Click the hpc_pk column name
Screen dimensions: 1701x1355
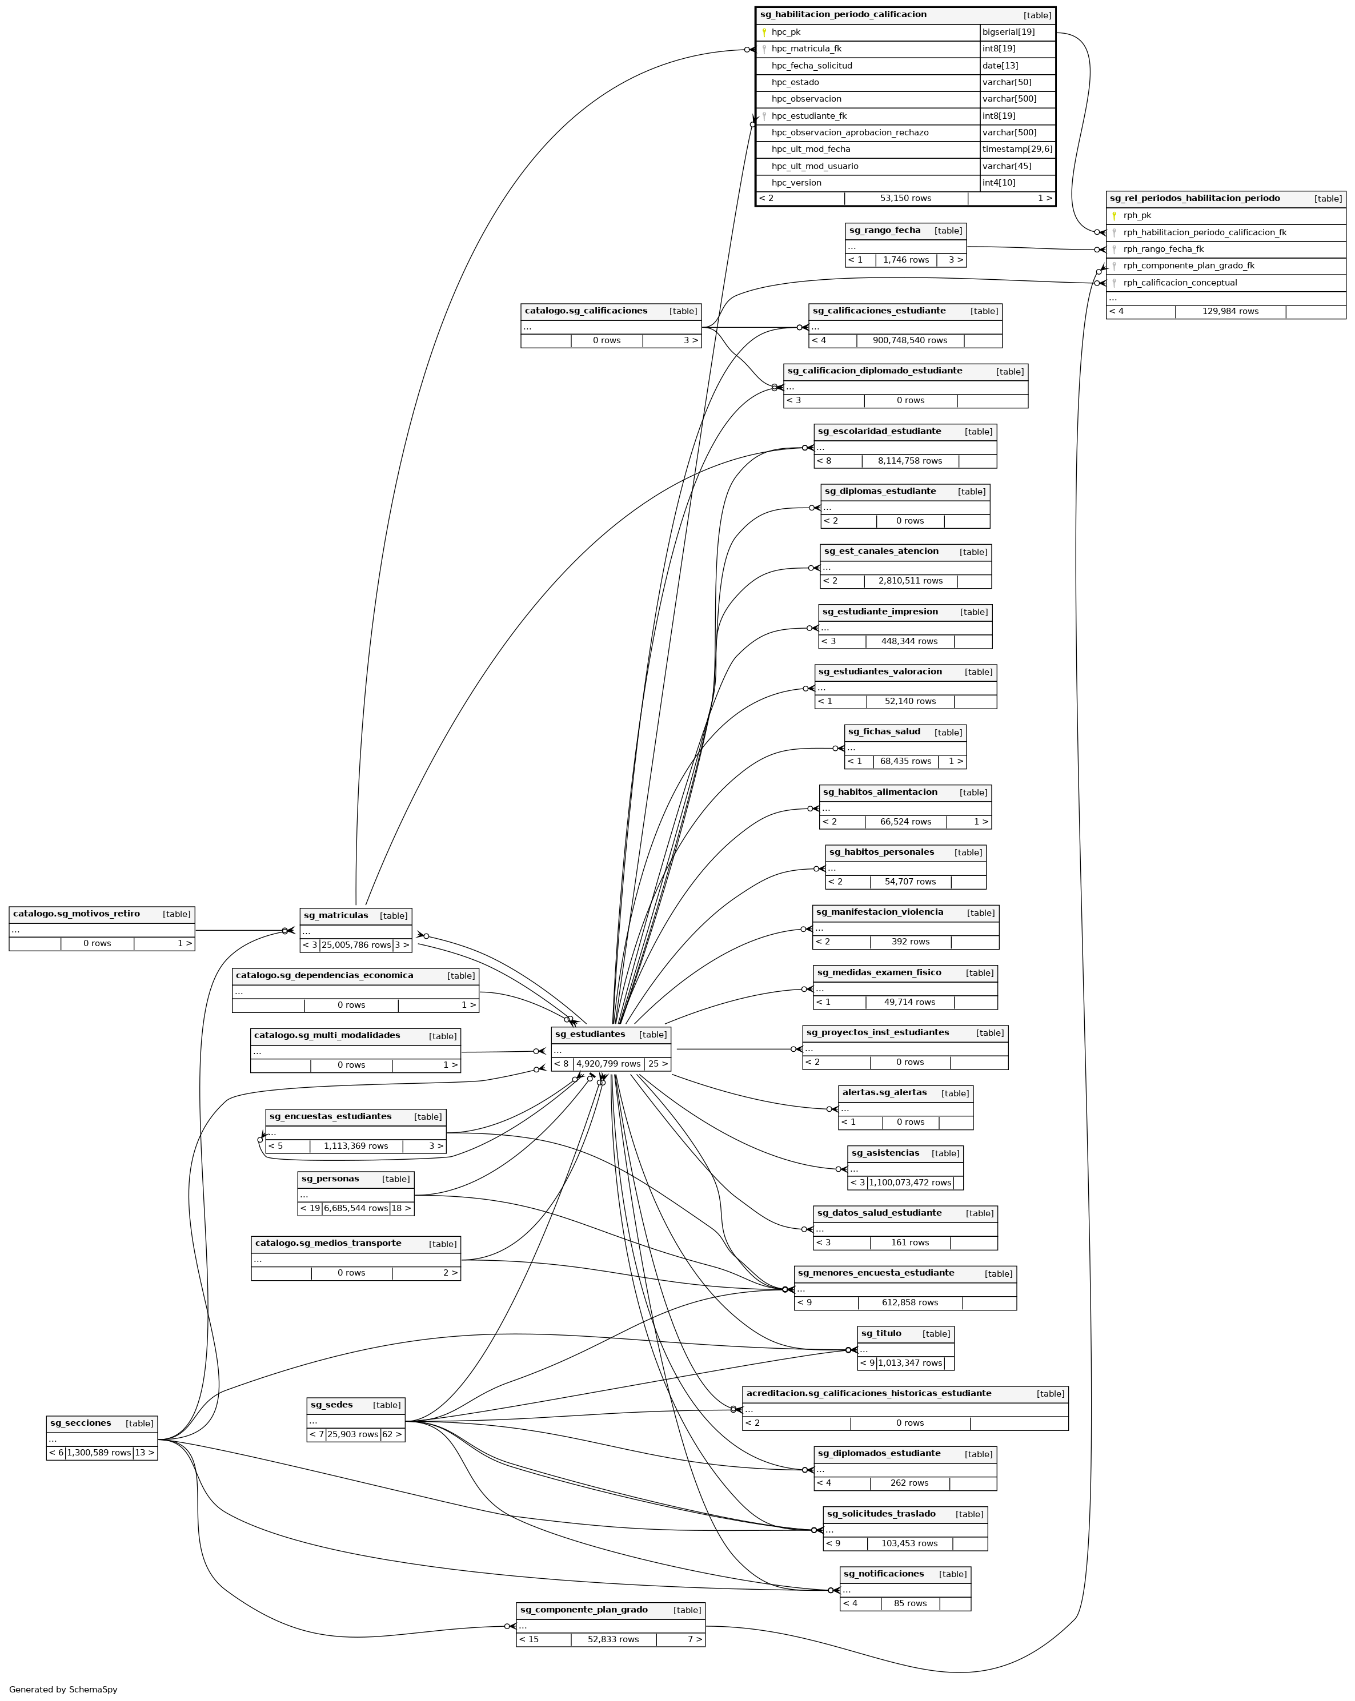pos(785,33)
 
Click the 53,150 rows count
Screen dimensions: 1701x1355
pos(905,199)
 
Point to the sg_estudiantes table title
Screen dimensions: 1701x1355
pos(590,1034)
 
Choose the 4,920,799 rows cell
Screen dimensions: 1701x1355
pos(608,1064)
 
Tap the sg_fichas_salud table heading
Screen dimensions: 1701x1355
pos(884,731)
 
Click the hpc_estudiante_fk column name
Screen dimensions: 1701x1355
pos(809,116)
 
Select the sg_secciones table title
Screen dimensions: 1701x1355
pos(81,1423)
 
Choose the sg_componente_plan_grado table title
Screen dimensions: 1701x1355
pos(583,1610)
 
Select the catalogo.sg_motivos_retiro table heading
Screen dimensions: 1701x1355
pos(76,914)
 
